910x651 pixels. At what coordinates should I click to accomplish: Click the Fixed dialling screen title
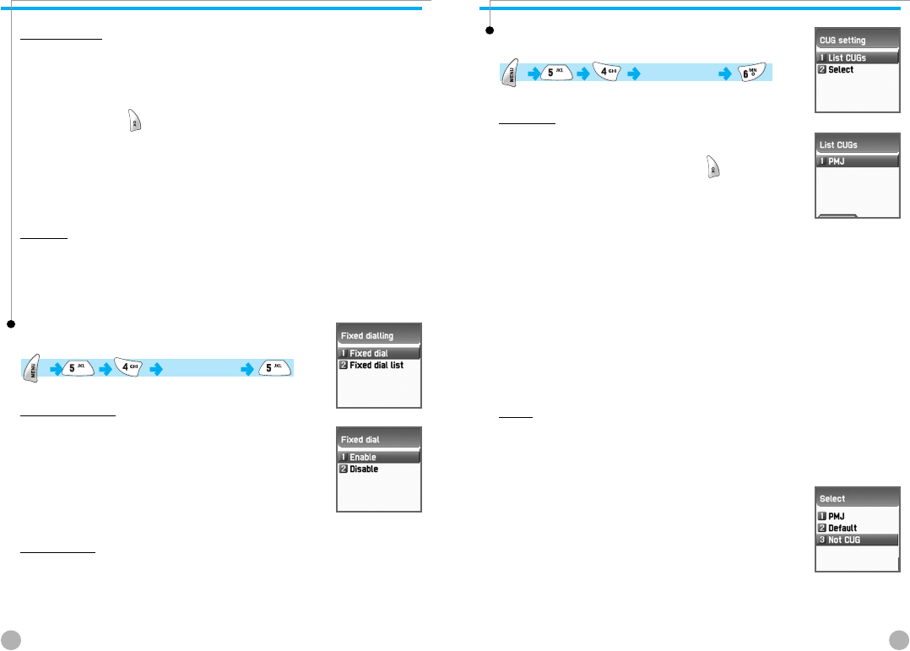tap(367, 335)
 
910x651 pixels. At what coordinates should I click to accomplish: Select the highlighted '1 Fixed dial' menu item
tap(378, 353)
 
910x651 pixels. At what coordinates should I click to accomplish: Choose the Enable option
tap(378, 457)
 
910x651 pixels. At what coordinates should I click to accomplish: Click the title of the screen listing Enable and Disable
tap(360, 439)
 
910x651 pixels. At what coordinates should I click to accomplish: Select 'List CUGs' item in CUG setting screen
tap(856, 57)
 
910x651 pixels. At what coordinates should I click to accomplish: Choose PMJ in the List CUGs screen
tap(856, 160)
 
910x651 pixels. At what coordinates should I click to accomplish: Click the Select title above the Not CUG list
tap(832, 498)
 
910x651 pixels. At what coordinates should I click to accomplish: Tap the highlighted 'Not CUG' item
tap(856, 540)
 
